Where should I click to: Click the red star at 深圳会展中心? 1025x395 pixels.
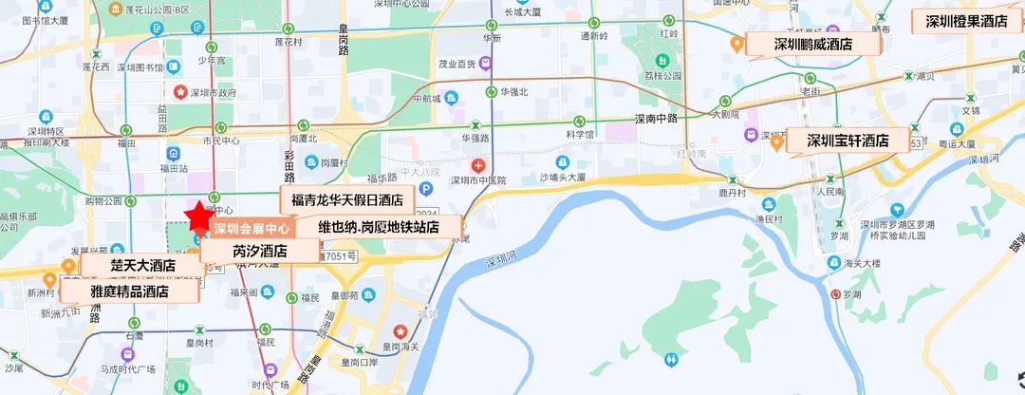pos(199,216)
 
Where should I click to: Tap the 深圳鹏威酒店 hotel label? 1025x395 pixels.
pos(812,44)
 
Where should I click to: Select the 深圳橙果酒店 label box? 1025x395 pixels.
pos(966,22)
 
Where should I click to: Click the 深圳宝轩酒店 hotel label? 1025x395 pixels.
pos(847,141)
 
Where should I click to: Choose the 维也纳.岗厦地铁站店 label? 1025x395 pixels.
pos(378,227)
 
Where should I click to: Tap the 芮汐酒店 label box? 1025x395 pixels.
pos(260,252)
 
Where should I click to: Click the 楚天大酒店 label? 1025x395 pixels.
pos(141,265)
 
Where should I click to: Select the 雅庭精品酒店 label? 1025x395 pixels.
pos(128,291)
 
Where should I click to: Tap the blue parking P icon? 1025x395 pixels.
pos(425,189)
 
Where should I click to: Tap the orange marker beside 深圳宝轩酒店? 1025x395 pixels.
pos(776,142)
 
